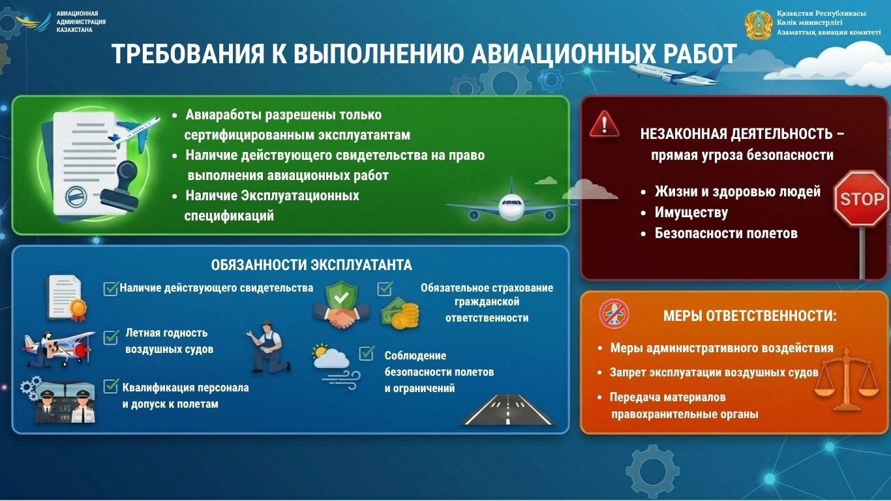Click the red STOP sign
[861, 198]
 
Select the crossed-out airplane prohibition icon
[613, 314]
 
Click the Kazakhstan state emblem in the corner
[758, 25]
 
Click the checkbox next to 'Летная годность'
[111, 338]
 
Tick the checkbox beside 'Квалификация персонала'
[111, 386]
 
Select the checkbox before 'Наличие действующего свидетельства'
[111, 288]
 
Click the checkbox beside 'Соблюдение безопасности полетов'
[367, 354]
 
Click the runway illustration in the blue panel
[509, 410]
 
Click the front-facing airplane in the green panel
[511, 207]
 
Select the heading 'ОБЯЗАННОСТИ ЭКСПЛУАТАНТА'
[311, 265]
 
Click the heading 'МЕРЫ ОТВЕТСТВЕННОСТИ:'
[749, 316]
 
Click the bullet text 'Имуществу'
[691, 213]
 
